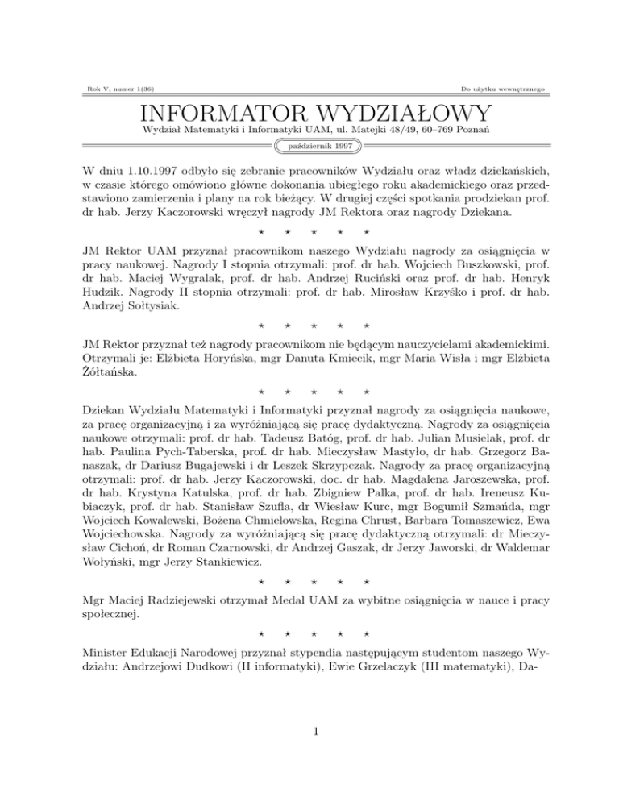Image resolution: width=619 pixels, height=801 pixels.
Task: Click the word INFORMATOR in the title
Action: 212,113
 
